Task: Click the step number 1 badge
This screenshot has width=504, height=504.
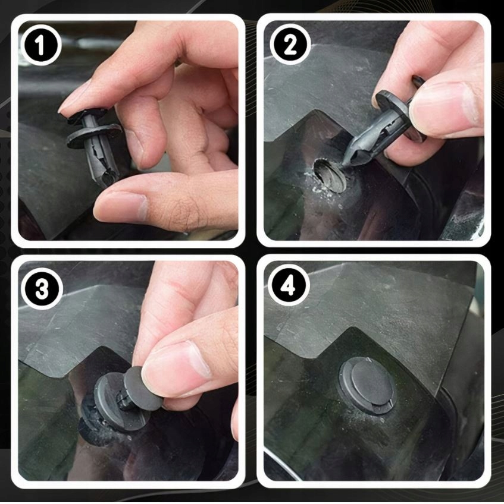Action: (x=40, y=45)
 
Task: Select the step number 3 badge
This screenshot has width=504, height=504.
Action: (x=41, y=288)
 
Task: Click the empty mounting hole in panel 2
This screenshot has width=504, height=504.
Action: (x=330, y=175)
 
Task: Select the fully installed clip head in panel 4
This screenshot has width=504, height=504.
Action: (x=367, y=385)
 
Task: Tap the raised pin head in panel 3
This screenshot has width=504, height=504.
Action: (x=143, y=389)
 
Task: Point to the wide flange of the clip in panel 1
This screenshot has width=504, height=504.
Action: (x=94, y=135)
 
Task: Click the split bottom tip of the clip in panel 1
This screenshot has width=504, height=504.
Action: (x=107, y=179)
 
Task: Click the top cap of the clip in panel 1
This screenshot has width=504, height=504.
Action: (x=87, y=115)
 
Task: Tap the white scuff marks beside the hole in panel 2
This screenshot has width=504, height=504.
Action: (x=318, y=186)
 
